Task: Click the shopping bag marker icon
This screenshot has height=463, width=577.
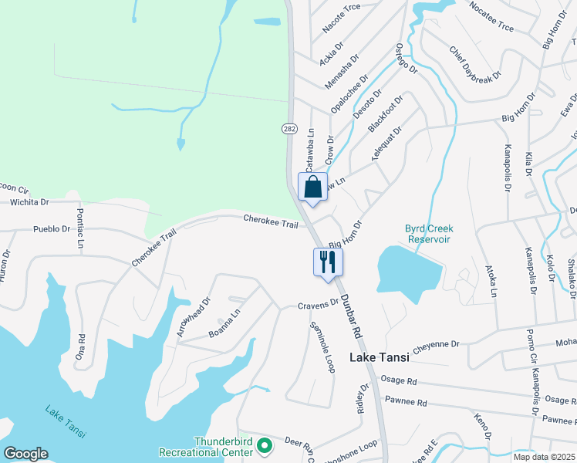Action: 312,188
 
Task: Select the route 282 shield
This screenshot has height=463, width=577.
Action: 288,129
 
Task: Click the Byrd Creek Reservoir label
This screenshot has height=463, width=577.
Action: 430,233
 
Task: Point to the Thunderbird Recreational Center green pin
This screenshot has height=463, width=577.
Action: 264,445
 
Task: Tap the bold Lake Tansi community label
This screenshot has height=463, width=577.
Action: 379,357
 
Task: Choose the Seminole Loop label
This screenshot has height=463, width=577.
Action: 322,346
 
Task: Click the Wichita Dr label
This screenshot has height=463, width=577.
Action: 29,202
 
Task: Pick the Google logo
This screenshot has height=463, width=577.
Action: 25,454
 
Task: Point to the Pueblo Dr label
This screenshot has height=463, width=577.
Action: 52,229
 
